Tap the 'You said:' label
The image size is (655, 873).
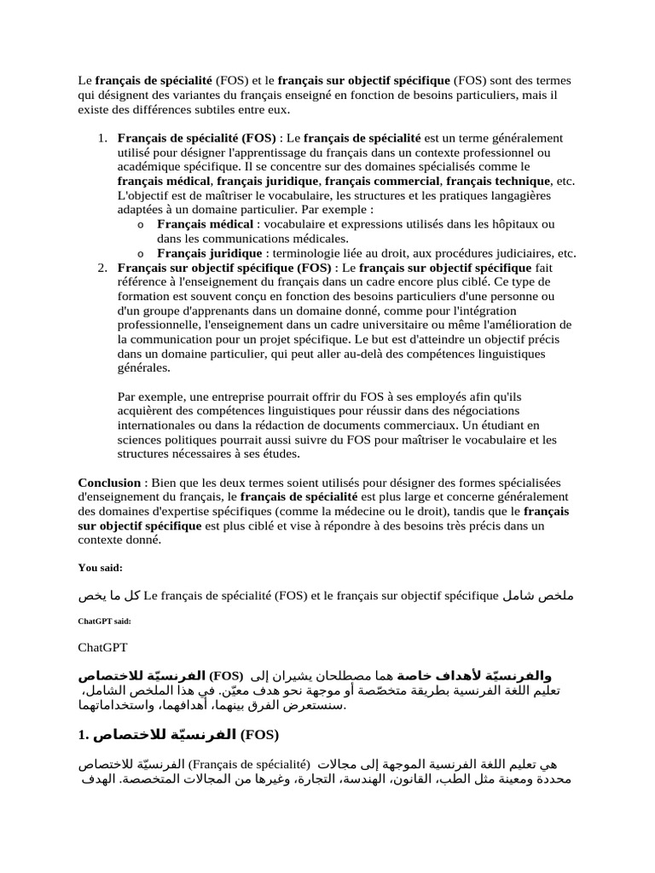click(101, 567)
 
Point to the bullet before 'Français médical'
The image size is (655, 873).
click(140, 224)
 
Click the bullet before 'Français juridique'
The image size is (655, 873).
click(140, 253)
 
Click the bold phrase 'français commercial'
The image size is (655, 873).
click(383, 181)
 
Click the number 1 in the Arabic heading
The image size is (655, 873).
click(83, 733)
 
